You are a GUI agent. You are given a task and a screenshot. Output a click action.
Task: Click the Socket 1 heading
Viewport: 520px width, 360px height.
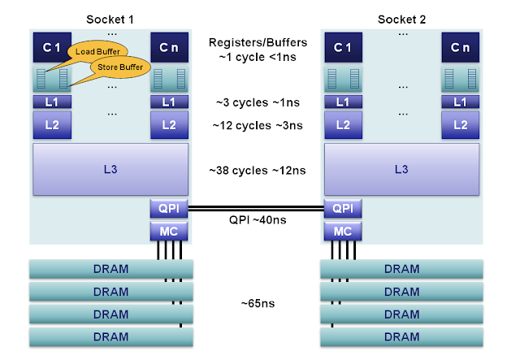click(110, 20)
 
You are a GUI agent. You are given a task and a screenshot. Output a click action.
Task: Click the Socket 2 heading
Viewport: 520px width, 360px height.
click(401, 20)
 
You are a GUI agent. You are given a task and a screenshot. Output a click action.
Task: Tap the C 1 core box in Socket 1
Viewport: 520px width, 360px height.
click(52, 47)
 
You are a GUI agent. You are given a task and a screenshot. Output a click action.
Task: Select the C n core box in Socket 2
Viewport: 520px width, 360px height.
click(461, 47)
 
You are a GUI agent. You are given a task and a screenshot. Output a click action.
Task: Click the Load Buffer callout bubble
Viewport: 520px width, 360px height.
click(97, 51)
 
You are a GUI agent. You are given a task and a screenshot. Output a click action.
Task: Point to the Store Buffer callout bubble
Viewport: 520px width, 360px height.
click(120, 67)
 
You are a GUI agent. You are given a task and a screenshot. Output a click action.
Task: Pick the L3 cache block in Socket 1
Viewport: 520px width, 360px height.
click(110, 170)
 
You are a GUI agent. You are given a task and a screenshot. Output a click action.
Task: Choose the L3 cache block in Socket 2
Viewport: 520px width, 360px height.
click(401, 170)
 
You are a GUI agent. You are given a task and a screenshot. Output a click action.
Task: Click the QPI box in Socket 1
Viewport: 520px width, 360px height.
click(169, 208)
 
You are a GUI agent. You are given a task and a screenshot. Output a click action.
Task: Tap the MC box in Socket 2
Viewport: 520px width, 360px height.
click(343, 231)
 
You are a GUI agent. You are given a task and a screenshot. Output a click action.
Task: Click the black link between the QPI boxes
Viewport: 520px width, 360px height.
click(256, 208)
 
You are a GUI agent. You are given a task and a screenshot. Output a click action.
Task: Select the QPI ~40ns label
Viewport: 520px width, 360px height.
click(258, 220)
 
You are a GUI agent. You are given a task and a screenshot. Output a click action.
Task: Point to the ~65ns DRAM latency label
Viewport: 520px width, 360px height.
click(258, 303)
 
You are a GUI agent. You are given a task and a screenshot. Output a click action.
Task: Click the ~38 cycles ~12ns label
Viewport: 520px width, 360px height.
click(258, 171)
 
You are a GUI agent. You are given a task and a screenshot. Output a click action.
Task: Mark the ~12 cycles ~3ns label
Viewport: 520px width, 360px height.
click(258, 125)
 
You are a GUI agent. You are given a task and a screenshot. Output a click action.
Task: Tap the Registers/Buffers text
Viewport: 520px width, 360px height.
click(258, 42)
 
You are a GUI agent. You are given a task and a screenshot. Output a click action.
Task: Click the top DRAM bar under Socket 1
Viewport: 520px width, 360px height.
click(111, 269)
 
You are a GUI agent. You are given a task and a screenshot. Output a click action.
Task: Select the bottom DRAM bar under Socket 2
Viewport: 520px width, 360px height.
click(401, 336)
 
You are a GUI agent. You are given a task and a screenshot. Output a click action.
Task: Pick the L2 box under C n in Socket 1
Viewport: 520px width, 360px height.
click(169, 125)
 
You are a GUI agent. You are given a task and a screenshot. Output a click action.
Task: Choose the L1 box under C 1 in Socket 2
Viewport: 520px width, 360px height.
click(343, 102)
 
